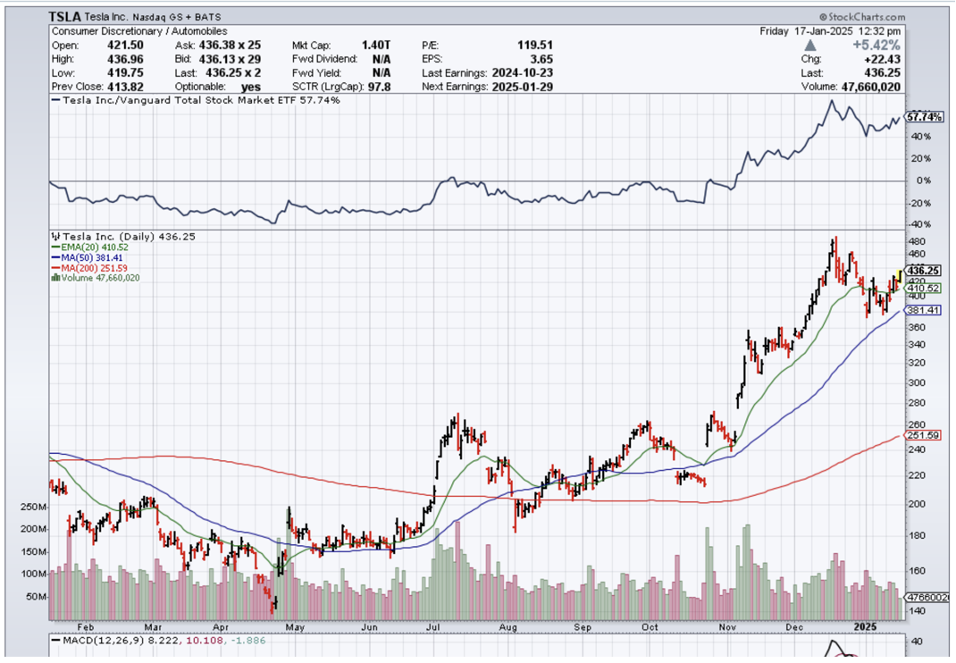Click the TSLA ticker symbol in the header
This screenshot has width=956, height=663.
coord(66,16)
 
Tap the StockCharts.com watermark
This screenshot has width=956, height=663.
coord(860,17)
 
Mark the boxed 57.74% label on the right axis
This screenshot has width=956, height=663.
coord(925,117)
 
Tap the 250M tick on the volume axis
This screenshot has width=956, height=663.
coord(31,507)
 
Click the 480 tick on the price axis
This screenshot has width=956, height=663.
coord(917,242)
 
